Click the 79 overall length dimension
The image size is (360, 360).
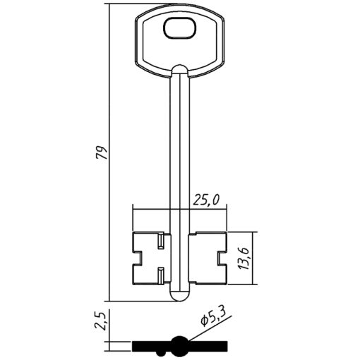pyautogui.click(x=103, y=152)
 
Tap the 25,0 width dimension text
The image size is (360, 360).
pyautogui.click(x=206, y=200)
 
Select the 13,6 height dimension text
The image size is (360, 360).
pyautogui.click(x=244, y=258)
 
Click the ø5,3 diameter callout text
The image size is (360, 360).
pyautogui.click(x=213, y=317)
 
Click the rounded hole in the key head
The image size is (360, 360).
pyautogui.click(x=180, y=28)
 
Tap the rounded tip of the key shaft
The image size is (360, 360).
pyautogui.click(x=180, y=296)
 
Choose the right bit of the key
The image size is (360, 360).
pyautogui.click(x=208, y=258)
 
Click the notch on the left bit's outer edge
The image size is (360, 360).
pyautogui.click(x=138, y=258)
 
